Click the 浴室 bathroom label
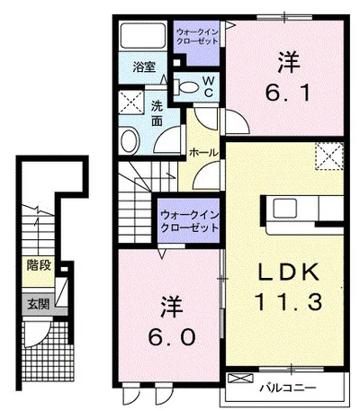pyautogui.click(x=142, y=67)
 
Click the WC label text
pyautogui.click(x=207, y=86)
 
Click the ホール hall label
pyautogui.click(x=201, y=154)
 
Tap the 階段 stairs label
pyautogui.click(x=37, y=265)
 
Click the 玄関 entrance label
pyautogui.click(x=37, y=302)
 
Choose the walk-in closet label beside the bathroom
pyautogui.click(x=196, y=38)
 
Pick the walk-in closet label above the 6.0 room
pyautogui.click(x=189, y=221)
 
